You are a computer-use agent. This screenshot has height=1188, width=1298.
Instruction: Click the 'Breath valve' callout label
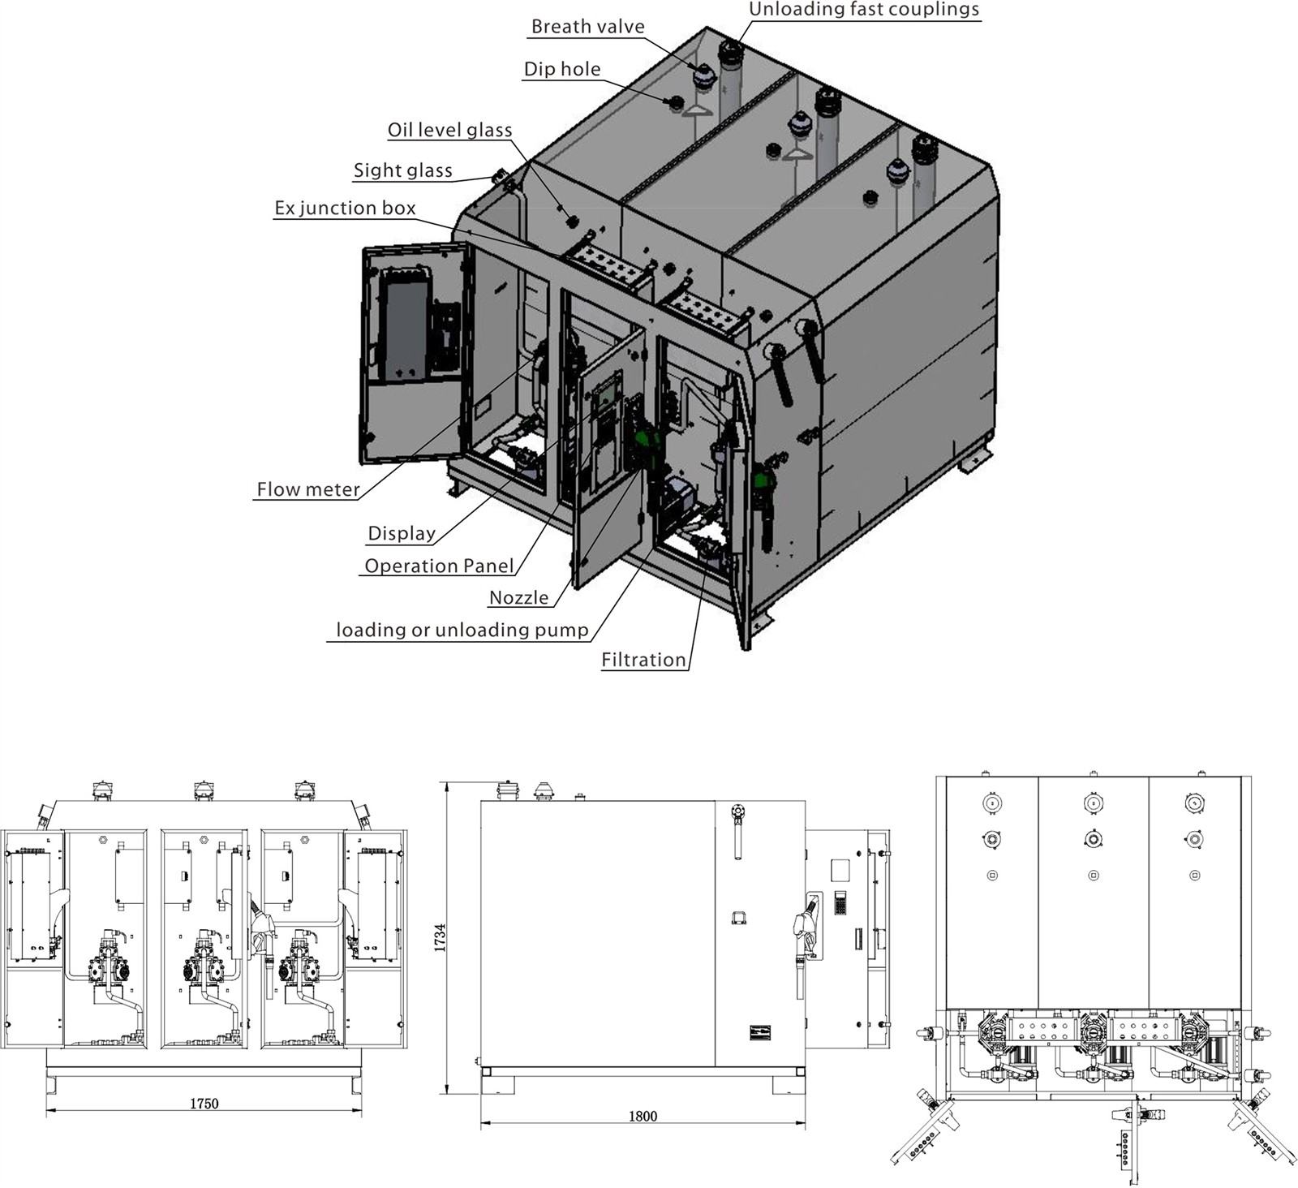[x=587, y=27]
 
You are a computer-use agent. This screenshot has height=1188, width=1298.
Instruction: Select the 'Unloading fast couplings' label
[x=864, y=10]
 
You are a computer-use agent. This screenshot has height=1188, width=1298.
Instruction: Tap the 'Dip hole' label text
[x=562, y=69]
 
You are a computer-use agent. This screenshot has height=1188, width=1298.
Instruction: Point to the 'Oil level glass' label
[x=449, y=130]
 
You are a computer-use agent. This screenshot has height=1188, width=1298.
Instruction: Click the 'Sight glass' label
[x=402, y=170]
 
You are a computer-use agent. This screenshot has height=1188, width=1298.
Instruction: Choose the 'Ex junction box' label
[x=345, y=208]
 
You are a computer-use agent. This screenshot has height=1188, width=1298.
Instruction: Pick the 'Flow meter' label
[x=308, y=489]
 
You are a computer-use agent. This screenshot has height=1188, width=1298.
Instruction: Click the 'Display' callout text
[x=402, y=533]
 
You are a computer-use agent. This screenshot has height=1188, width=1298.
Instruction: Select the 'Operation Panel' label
[x=439, y=566]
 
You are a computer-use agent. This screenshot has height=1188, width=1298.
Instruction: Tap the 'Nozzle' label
[x=518, y=598]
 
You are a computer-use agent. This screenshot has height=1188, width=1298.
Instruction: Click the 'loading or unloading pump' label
[x=462, y=630]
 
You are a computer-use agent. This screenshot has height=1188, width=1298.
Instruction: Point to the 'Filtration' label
[x=643, y=660]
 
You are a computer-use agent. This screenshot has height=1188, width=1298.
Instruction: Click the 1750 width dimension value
[x=204, y=1104]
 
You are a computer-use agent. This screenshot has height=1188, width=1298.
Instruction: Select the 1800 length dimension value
[x=643, y=1117]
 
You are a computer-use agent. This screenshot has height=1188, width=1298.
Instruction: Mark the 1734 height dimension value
[x=440, y=937]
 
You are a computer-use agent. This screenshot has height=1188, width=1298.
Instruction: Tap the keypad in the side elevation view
[x=840, y=902]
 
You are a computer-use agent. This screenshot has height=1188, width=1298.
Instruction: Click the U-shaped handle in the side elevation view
[x=739, y=917]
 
